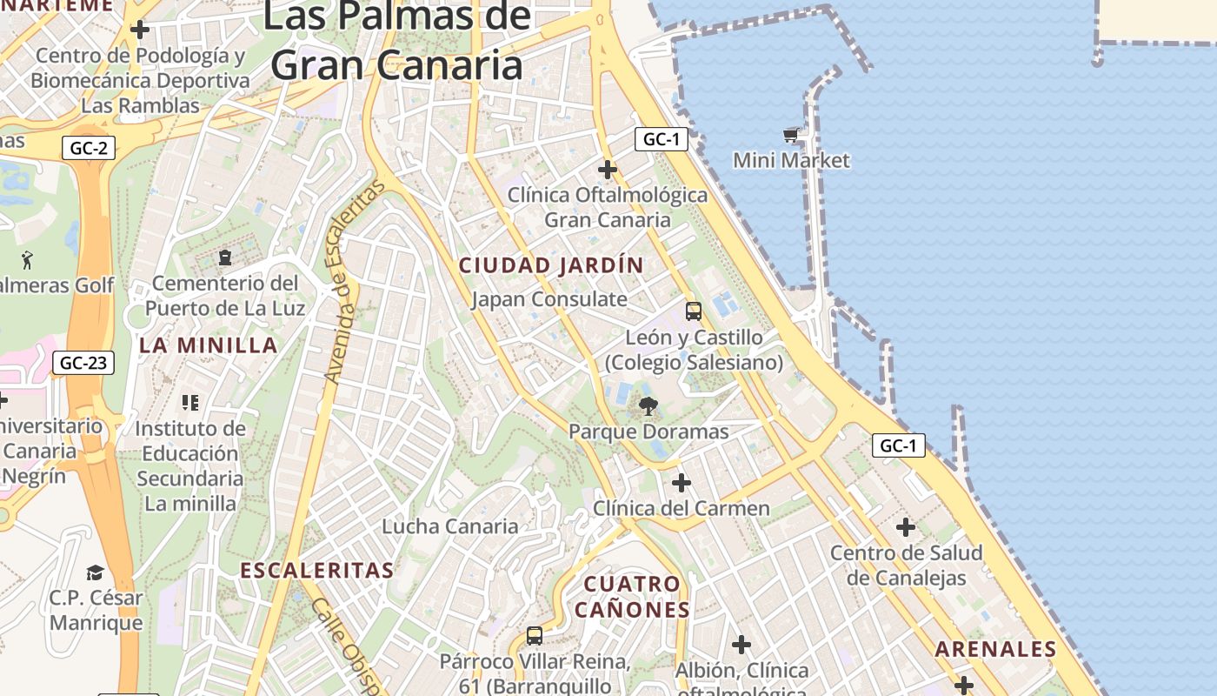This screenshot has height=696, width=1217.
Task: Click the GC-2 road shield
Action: click(x=89, y=148)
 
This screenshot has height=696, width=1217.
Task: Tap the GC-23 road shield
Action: click(x=83, y=362)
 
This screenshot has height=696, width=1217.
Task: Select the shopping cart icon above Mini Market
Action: click(x=791, y=135)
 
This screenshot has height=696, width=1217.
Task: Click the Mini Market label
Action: click(x=791, y=160)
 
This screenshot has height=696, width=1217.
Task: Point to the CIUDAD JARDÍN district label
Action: click(x=551, y=265)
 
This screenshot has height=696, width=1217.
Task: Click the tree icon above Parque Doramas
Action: click(x=648, y=405)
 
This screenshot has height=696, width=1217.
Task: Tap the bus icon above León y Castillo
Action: click(x=693, y=311)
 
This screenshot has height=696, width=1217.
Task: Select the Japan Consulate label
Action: click(x=549, y=299)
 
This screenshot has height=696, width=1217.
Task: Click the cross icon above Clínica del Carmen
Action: click(x=682, y=482)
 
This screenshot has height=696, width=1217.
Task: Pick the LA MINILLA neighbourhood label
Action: click(x=209, y=345)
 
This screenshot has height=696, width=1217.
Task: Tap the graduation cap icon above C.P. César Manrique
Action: click(x=95, y=572)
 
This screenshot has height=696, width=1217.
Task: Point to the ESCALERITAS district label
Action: click(x=316, y=571)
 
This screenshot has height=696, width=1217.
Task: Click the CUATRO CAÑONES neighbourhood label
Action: click(x=632, y=596)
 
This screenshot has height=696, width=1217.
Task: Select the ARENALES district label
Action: click(x=995, y=649)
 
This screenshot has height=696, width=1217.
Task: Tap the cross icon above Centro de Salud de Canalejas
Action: click(x=906, y=527)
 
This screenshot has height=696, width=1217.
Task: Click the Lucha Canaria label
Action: click(x=450, y=526)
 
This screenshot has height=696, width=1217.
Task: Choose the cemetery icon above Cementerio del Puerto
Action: click(x=225, y=258)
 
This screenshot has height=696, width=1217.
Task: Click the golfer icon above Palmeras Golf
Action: click(x=27, y=259)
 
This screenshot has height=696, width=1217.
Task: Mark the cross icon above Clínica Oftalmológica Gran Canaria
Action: click(x=608, y=169)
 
